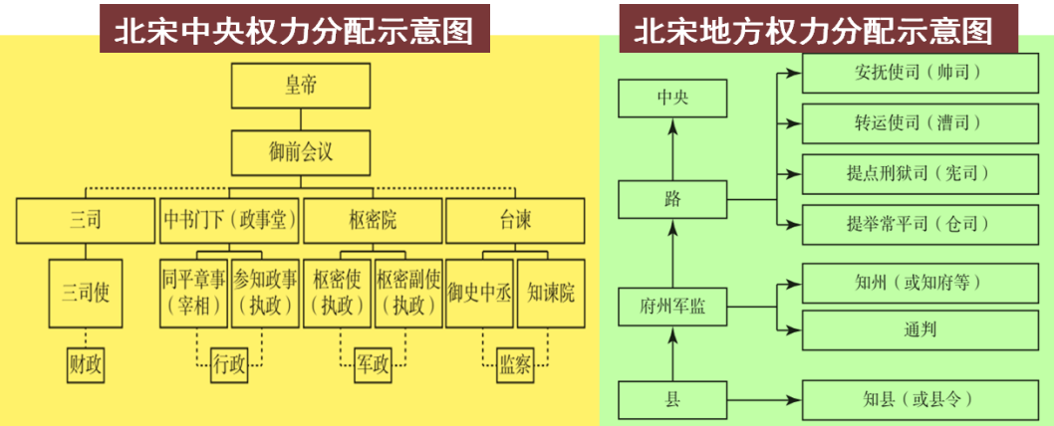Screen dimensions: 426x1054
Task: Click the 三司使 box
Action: pos(86,293)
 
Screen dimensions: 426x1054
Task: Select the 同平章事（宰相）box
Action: pos(193,293)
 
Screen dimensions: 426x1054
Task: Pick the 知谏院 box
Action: pos(551,293)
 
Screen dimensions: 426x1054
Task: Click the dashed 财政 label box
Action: pos(86,365)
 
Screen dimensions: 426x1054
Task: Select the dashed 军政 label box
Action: pos(372,365)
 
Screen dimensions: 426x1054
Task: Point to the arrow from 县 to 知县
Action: pos(763,400)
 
